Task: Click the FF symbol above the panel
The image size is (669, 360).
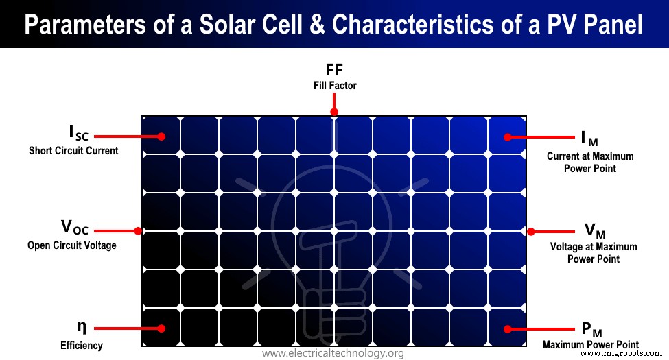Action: coord(334,70)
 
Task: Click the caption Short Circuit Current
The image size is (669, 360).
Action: coord(73,151)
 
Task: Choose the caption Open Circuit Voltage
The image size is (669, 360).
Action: coord(72,245)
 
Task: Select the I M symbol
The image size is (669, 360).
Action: coord(589,139)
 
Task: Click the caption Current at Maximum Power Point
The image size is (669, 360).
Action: coord(590,162)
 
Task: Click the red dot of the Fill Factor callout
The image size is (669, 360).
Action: coord(334,112)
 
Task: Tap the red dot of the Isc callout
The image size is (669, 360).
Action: coord(161,136)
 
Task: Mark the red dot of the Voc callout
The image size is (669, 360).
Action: coord(137,231)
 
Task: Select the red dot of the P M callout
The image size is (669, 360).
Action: coord(508,328)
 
